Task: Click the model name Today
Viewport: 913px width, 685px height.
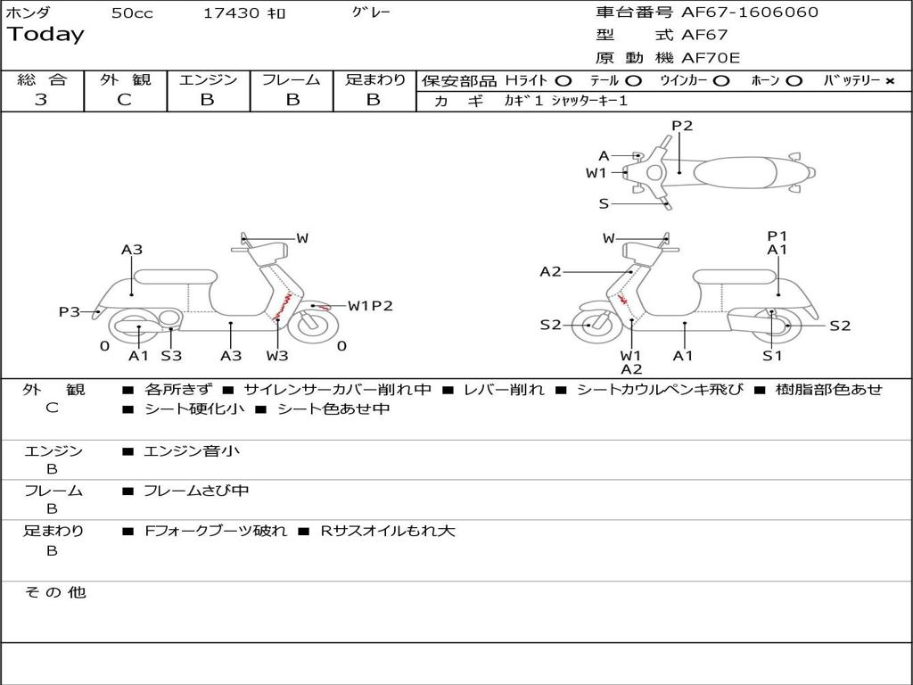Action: (x=45, y=35)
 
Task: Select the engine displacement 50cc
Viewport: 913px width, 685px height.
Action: (x=132, y=13)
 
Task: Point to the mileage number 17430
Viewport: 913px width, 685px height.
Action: (x=231, y=13)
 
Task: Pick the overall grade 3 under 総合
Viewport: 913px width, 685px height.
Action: (x=41, y=100)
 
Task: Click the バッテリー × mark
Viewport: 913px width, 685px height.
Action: (x=889, y=81)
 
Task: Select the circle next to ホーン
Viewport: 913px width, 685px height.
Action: (x=794, y=81)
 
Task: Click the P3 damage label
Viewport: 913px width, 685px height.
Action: (x=70, y=311)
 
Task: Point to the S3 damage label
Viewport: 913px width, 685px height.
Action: (x=171, y=356)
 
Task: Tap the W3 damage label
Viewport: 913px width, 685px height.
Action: (x=277, y=356)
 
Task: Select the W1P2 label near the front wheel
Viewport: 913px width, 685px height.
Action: (x=370, y=306)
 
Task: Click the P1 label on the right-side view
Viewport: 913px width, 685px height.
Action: (x=777, y=235)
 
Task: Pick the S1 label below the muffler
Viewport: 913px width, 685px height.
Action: (x=772, y=356)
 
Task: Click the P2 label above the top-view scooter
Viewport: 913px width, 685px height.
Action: (x=682, y=126)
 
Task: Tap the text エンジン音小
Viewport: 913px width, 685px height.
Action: (x=192, y=451)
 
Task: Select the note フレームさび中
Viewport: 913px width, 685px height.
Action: (x=196, y=491)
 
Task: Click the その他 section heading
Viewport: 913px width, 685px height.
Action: (x=54, y=592)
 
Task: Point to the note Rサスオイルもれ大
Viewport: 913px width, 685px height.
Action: (x=388, y=531)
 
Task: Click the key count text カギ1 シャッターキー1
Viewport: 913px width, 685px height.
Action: (x=566, y=101)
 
